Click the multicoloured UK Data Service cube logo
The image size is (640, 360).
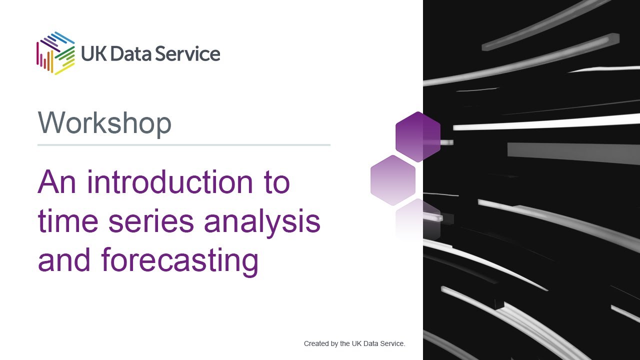[55, 53]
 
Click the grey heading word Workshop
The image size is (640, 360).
[104, 123]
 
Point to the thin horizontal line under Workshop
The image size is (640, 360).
[184, 145]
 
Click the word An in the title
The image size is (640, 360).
[56, 182]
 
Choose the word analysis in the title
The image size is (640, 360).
[262, 222]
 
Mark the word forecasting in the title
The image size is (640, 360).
[179, 261]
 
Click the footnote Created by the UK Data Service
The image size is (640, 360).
[354, 344]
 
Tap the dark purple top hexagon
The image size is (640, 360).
[418, 136]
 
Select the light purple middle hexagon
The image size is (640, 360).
[393, 180]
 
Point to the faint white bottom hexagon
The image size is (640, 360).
[418, 220]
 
